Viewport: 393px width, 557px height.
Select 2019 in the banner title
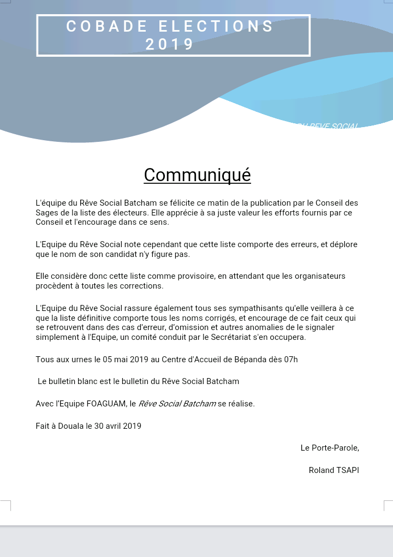click(x=170, y=44)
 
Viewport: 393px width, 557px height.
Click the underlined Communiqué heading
click(x=197, y=175)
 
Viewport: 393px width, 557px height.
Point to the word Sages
click(x=47, y=213)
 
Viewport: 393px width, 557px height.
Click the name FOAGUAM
click(x=105, y=404)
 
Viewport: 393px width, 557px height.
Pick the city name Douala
click(x=70, y=426)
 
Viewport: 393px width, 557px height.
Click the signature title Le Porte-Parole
click(x=329, y=448)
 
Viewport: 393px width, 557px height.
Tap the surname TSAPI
click(x=347, y=470)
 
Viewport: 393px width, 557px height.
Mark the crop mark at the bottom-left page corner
click(x=7, y=504)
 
